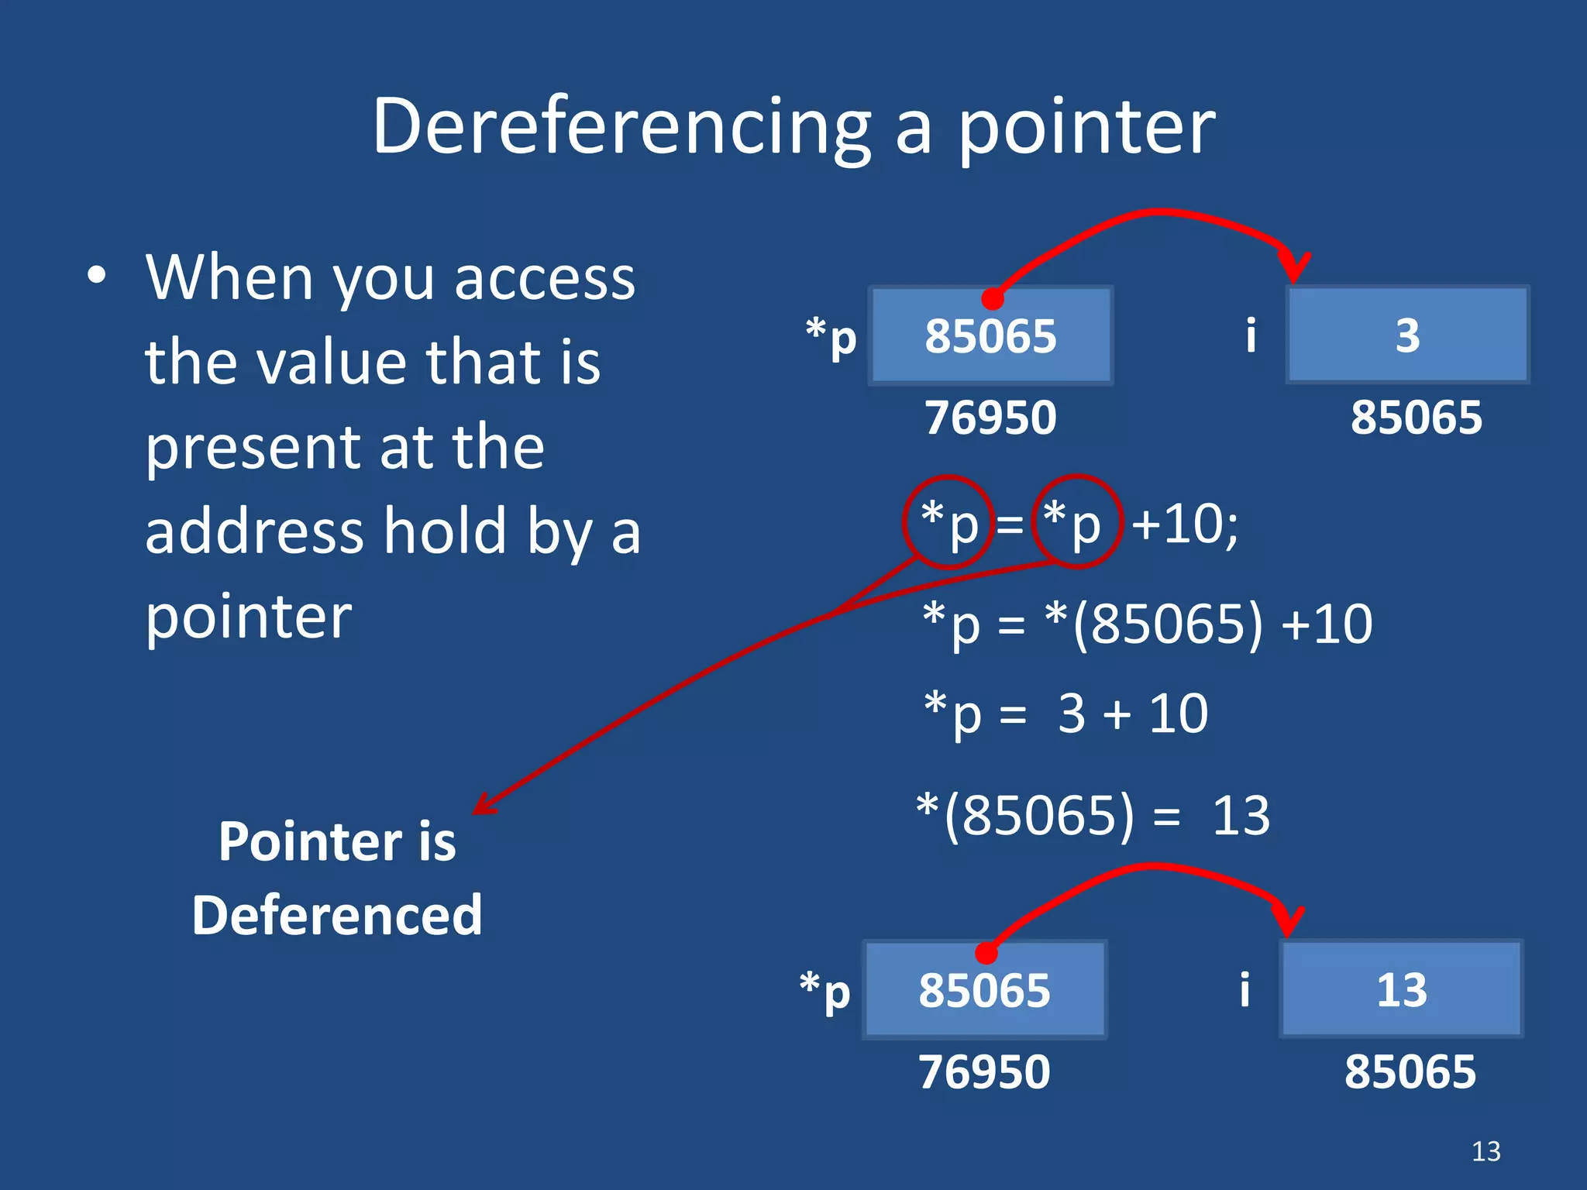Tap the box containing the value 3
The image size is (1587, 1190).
(x=1407, y=335)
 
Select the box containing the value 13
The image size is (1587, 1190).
(x=1401, y=989)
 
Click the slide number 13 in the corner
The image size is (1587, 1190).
(x=1485, y=1151)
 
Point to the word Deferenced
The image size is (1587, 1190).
(x=337, y=915)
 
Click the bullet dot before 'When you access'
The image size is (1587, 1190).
(x=96, y=275)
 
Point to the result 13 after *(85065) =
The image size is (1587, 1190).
(x=1241, y=816)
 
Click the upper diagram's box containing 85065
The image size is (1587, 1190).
(x=990, y=335)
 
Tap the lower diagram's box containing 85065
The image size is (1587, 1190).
(x=984, y=990)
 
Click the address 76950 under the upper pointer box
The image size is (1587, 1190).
(x=990, y=418)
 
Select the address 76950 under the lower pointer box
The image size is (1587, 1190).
(x=984, y=1072)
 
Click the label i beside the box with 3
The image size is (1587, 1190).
(x=1250, y=335)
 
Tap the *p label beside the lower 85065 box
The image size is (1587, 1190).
(x=825, y=992)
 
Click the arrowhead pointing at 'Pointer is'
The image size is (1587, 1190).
(x=483, y=807)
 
